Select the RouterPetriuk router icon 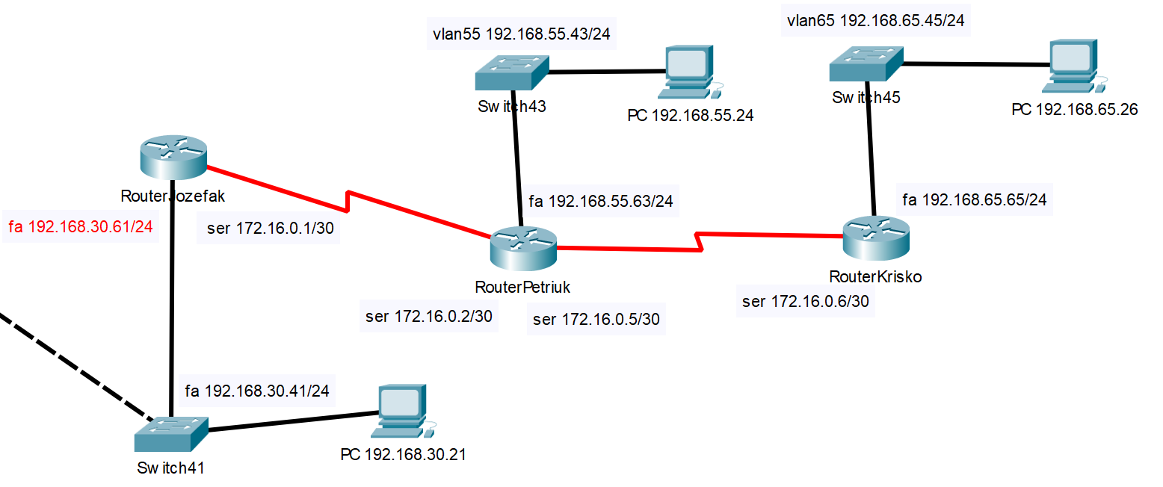point(524,247)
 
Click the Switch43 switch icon point(511,72)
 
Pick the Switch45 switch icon point(867,63)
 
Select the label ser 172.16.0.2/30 point(428,317)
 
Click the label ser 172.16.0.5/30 point(596,320)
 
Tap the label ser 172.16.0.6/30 point(805,302)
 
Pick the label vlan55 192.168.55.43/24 point(521,34)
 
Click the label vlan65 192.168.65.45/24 point(875,21)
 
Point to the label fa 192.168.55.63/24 point(601,201)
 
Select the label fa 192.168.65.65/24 point(975,199)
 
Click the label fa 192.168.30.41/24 point(256,390)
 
